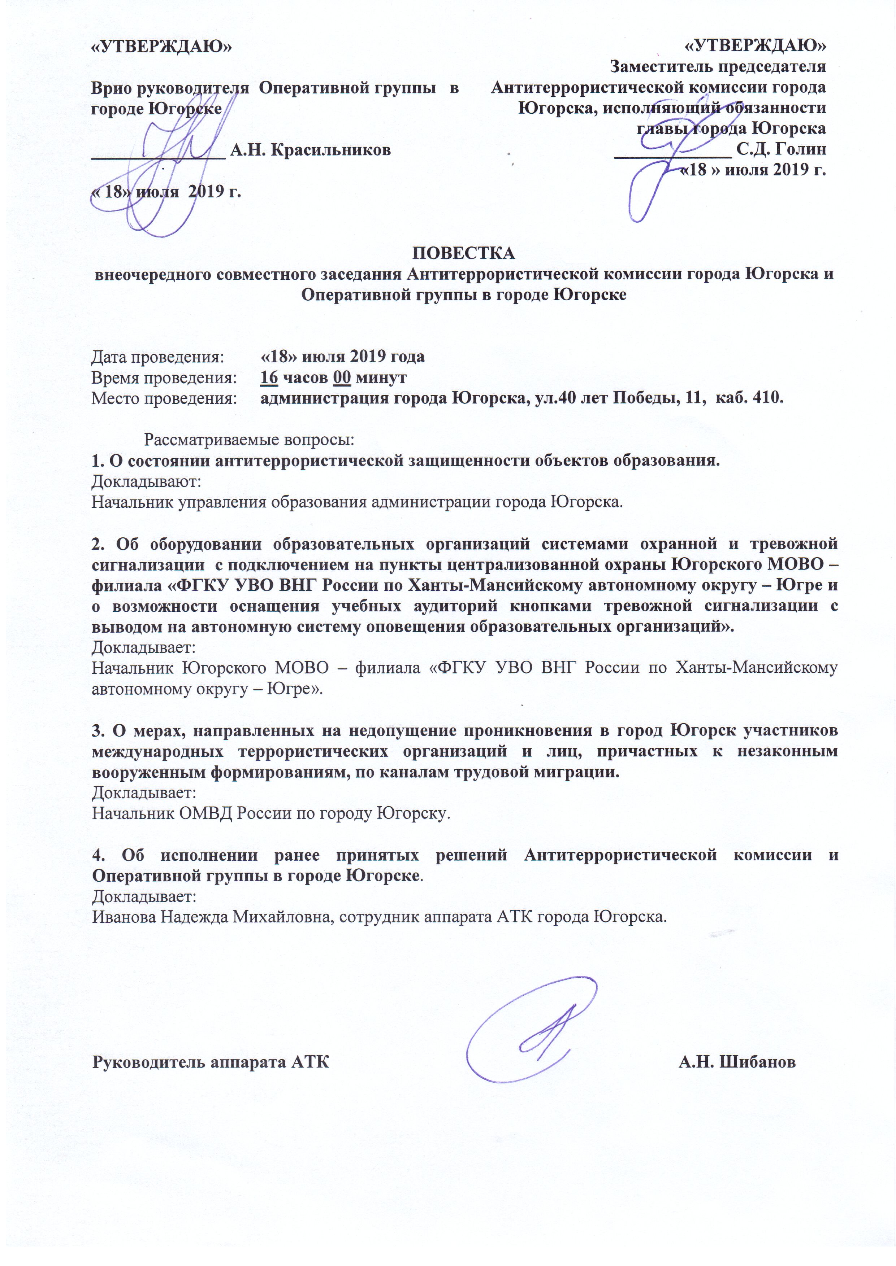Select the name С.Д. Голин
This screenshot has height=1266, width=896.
(781, 149)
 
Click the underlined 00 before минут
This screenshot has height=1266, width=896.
(342, 378)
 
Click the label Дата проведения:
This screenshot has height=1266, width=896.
(158, 357)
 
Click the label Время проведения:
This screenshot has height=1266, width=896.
(164, 378)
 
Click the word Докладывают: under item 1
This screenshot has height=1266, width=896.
(146, 481)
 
